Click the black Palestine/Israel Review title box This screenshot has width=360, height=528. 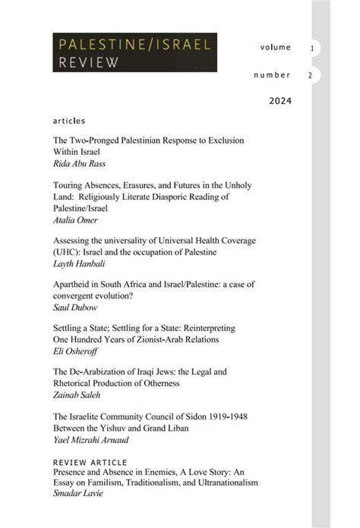coord(135,52)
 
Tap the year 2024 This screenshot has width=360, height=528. coord(280,100)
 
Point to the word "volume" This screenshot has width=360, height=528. coord(275,47)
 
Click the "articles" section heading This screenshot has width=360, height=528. coord(69,121)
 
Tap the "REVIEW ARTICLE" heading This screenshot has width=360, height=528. coord(90,461)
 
